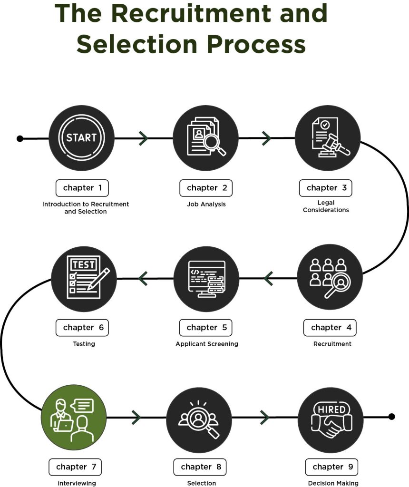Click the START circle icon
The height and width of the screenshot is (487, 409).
(x=82, y=138)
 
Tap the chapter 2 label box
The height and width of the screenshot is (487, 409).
(x=206, y=188)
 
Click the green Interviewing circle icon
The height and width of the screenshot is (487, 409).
(x=74, y=417)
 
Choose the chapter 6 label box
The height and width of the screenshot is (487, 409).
(x=82, y=328)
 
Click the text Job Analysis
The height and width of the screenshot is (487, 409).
(x=206, y=205)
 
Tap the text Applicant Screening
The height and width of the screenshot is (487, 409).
(x=207, y=344)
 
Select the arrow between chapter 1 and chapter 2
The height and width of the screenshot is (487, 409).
(x=144, y=138)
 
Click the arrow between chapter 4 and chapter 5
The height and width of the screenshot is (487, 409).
(x=268, y=278)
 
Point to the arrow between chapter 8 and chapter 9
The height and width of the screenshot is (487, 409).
(x=264, y=417)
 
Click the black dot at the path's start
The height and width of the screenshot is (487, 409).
(x=20, y=138)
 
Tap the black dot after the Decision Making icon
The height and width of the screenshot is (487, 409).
(x=392, y=417)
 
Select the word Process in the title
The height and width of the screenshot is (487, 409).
(x=256, y=44)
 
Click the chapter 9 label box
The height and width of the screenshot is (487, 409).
(x=331, y=467)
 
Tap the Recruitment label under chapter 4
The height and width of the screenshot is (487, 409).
(x=332, y=344)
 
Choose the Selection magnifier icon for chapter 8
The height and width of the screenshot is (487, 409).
(x=199, y=419)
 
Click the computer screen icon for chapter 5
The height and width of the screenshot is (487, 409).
(x=206, y=279)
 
